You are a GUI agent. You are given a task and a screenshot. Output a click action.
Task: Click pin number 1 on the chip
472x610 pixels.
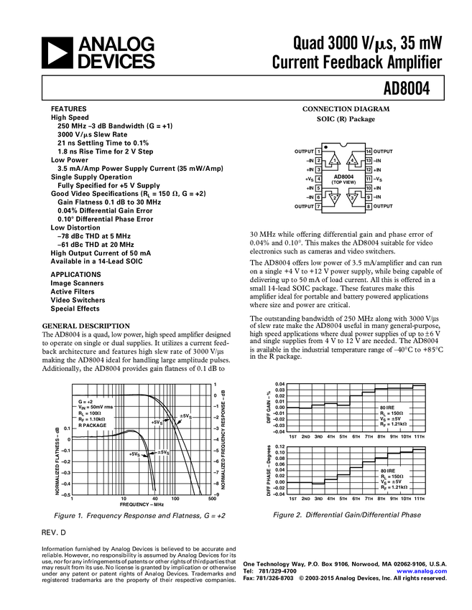318,151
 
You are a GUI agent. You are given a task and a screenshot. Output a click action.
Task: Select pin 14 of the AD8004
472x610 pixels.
369,151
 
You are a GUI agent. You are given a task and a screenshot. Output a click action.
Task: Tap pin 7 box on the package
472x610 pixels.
318,207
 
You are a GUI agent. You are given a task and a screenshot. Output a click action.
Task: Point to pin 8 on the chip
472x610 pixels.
369,207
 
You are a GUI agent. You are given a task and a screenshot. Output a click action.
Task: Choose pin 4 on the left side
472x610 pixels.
318,179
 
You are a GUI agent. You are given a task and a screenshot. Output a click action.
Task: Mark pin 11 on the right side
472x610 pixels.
369,179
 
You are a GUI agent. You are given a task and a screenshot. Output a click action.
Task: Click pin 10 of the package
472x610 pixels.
369,188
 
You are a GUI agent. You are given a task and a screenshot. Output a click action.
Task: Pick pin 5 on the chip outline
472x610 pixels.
318,188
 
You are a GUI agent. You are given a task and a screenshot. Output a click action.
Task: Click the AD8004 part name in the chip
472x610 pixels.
343,176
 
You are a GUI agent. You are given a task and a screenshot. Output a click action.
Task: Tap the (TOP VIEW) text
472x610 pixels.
343,182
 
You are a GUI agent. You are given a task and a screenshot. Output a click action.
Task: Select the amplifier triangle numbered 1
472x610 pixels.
333,160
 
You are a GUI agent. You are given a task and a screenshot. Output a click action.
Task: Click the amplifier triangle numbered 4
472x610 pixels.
353,160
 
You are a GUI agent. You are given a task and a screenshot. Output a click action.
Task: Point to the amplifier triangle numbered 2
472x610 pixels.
333,199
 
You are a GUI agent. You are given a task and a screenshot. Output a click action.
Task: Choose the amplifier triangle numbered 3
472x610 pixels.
353,199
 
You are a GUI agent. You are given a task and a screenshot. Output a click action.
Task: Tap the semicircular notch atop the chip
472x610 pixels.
343,142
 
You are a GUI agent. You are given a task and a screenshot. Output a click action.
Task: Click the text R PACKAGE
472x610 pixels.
92,425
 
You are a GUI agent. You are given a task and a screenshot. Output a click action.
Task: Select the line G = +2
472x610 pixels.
85,401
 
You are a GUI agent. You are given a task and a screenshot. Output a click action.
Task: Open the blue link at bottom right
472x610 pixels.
422,572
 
